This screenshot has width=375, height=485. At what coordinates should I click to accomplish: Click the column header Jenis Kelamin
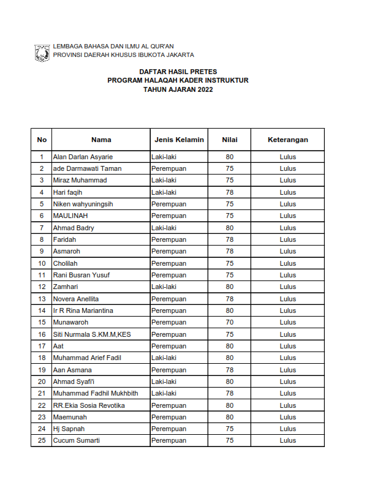(179, 140)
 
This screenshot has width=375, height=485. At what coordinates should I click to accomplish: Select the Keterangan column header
(287, 140)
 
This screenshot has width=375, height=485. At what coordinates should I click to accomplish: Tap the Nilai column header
(230, 140)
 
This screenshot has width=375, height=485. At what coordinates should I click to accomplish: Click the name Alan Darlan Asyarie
(83, 157)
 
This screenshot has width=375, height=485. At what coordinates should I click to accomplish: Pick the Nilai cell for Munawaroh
(230, 322)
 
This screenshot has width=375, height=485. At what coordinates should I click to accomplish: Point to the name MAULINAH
(71, 216)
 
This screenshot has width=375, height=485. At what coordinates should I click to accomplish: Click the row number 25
(42, 440)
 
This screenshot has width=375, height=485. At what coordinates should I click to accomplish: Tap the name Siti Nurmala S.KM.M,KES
(92, 334)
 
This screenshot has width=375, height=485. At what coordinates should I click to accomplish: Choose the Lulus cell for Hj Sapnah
(287, 429)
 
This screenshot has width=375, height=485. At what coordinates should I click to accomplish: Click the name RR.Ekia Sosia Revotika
(89, 405)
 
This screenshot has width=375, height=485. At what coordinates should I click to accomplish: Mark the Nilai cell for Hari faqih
(230, 192)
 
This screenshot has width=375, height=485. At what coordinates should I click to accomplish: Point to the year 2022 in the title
(205, 89)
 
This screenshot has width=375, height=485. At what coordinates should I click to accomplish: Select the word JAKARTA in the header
(177, 55)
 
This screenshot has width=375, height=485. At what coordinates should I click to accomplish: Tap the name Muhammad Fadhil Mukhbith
(95, 393)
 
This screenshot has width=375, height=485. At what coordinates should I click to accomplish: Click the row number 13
(42, 299)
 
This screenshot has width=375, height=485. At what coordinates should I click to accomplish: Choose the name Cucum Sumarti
(76, 440)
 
